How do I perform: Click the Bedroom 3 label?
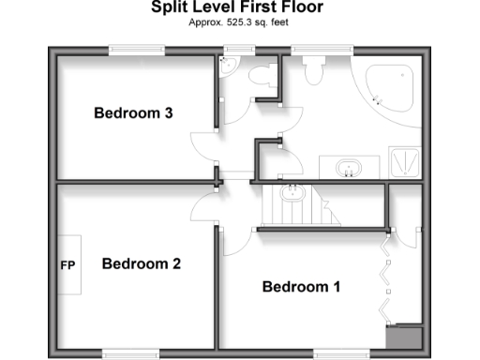point(134,113)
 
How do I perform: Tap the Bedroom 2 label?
point(141,263)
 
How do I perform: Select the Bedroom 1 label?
point(301,286)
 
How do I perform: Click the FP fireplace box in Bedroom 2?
point(68,265)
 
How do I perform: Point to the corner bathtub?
point(390,85)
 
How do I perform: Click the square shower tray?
point(405,164)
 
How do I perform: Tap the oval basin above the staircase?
point(292,194)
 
